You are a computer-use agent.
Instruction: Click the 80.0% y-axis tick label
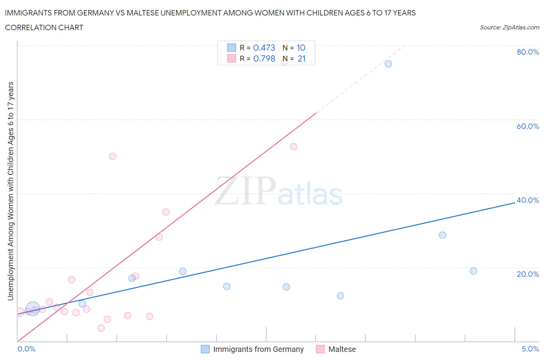click(x=528, y=52)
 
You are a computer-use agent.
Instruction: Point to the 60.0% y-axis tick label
click(x=528, y=126)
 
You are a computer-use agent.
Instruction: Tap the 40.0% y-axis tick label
click(x=528, y=200)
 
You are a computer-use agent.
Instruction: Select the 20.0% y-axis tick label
click(x=528, y=274)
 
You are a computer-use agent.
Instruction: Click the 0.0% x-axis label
click(x=26, y=349)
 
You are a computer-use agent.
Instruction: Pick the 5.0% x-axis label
click(x=530, y=349)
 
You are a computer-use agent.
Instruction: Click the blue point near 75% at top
click(x=388, y=64)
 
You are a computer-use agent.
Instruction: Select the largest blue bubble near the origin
click(x=33, y=309)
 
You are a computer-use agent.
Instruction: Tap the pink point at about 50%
click(x=113, y=156)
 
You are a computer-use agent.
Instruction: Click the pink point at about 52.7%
click(x=293, y=147)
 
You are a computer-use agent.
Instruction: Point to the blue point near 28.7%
click(x=442, y=235)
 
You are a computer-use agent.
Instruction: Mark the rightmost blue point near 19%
click(x=473, y=271)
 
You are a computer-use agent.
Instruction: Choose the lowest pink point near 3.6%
click(x=101, y=328)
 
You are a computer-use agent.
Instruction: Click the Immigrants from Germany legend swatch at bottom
click(x=205, y=349)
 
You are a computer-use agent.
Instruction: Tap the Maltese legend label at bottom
click(x=342, y=349)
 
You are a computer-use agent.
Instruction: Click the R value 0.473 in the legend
click(x=264, y=48)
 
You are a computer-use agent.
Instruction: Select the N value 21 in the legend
click(x=301, y=59)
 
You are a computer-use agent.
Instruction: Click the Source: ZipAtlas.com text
click(x=509, y=27)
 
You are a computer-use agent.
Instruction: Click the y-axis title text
click(x=10, y=191)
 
